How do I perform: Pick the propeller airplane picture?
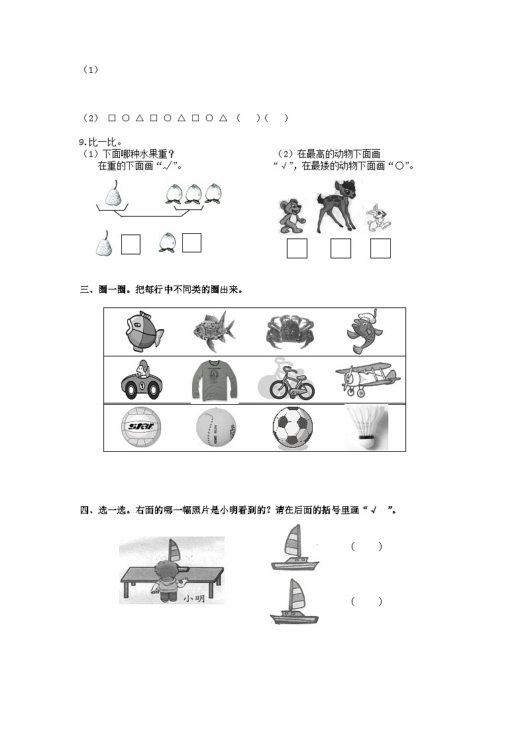(x=366, y=378)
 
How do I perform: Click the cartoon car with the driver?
(x=141, y=380)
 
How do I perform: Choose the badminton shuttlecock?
(x=366, y=428)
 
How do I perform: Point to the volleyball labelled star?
(x=141, y=428)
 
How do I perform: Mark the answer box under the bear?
(x=297, y=248)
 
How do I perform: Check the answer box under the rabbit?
(x=380, y=248)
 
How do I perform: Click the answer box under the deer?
(x=341, y=248)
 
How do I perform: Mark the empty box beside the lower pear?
(x=131, y=244)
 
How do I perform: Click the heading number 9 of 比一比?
(x=81, y=142)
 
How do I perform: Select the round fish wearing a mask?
(x=143, y=331)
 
